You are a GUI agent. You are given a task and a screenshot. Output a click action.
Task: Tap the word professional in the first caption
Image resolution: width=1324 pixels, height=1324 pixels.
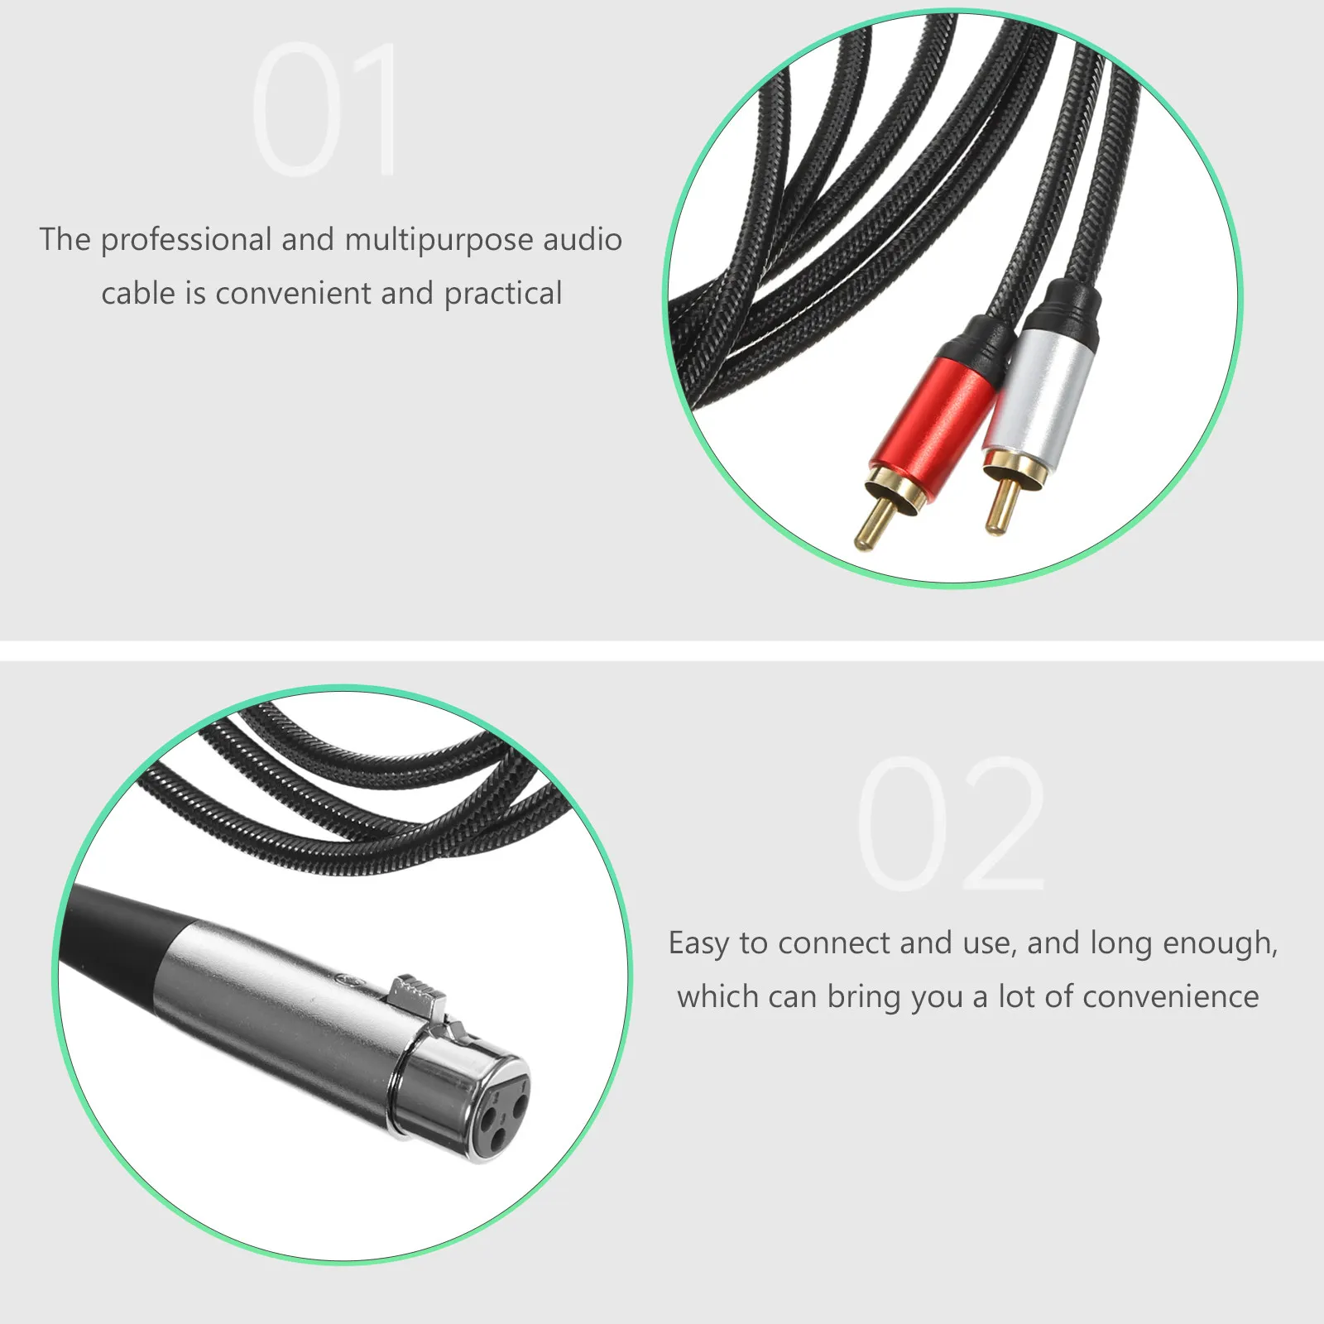(x=186, y=240)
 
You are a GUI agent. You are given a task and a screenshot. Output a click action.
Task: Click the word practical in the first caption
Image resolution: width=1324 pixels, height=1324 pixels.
(x=503, y=294)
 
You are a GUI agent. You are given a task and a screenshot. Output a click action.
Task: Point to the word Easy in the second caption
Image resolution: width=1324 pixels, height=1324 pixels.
(x=698, y=943)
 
